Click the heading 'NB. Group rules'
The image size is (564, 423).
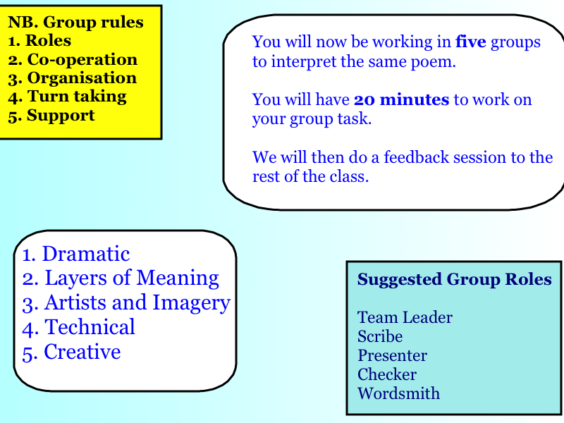click(75, 23)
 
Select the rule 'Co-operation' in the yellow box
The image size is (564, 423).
click(82, 59)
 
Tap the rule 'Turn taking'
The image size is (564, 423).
click(77, 97)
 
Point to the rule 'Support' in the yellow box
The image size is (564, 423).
click(61, 116)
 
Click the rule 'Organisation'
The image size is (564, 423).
click(82, 78)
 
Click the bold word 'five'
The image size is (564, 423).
click(470, 42)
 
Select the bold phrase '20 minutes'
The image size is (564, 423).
click(401, 99)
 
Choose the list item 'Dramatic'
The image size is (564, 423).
click(85, 254)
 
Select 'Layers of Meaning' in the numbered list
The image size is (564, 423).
click(132, 278)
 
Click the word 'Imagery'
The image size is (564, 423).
click(191, 303)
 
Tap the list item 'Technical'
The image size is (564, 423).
click(90, 327)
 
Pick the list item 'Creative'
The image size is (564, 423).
click(82, 352)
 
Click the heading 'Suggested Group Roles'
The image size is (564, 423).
click(454, 279)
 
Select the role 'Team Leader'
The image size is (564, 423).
click(405, 318)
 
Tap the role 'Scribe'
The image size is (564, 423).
click(380, 337)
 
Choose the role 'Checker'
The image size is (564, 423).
click(387, 374)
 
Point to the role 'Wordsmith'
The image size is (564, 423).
click(398, 393)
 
